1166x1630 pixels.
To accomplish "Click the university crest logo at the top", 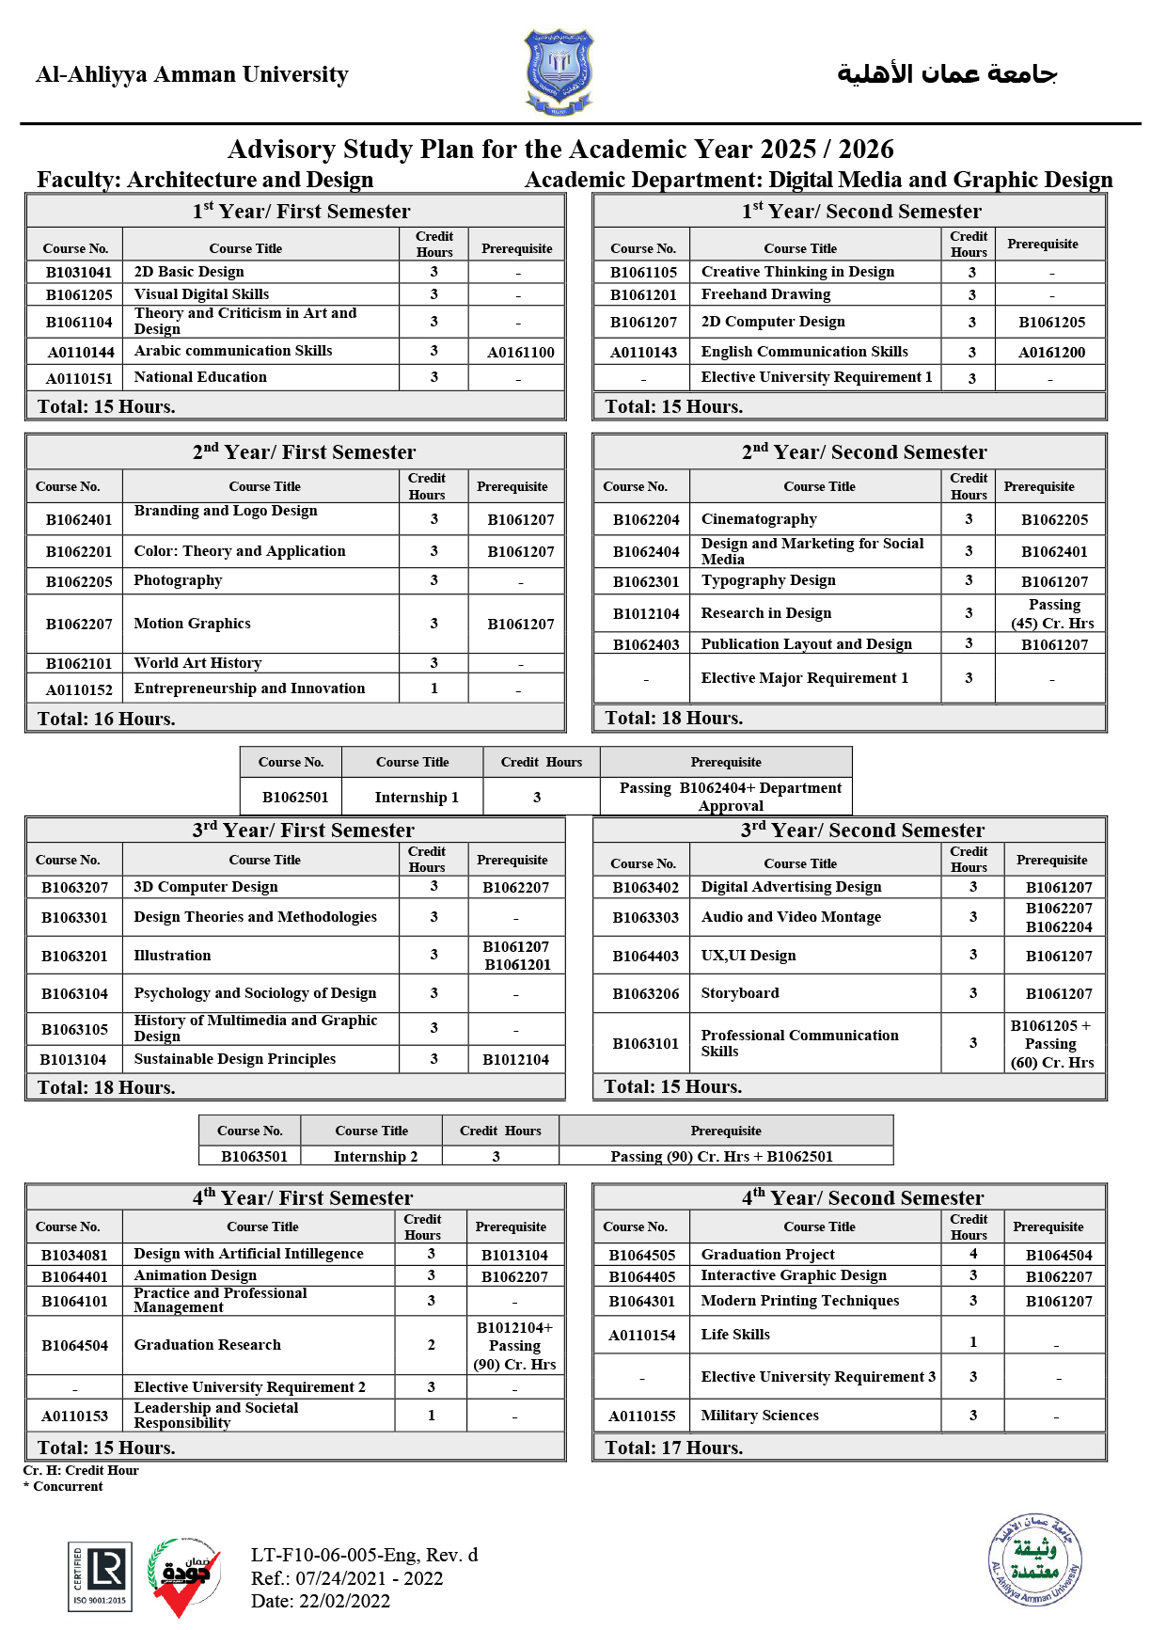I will click(x=559, y=71).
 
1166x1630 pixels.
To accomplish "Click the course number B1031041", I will click(x=79, y=272).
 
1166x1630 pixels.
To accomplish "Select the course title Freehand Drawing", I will click(x=765, y=294).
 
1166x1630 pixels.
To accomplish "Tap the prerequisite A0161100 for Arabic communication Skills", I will click(x=520, y=353).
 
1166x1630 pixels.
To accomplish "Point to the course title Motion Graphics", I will click(x=192, y=624).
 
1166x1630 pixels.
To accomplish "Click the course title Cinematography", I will click(x=759, y=519).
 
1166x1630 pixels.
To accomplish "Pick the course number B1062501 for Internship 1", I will click(x=295, y=797).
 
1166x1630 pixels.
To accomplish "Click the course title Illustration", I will click(x=172, y=956).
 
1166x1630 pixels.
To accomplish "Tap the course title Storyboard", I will click(x=740, y=993).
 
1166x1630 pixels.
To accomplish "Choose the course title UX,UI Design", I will click(x=748, y=956).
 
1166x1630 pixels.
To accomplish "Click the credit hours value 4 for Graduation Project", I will click(x=973, y=1254).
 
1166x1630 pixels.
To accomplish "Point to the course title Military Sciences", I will click(x=760, y=1416).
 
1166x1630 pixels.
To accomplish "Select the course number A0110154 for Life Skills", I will click(x=641, y=1336).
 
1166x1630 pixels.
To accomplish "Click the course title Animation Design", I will click(x=195, y=1275).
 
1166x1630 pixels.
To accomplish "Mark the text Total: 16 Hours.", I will click(x=106, y=719).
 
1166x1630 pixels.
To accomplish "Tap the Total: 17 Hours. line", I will click(x=673, y=1448).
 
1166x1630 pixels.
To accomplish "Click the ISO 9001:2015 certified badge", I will click(x=100, y=1576).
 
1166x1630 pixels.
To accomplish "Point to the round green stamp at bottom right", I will click(x=1034, y=1560).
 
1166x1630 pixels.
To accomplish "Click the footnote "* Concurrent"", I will click(x=63, y=1486).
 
